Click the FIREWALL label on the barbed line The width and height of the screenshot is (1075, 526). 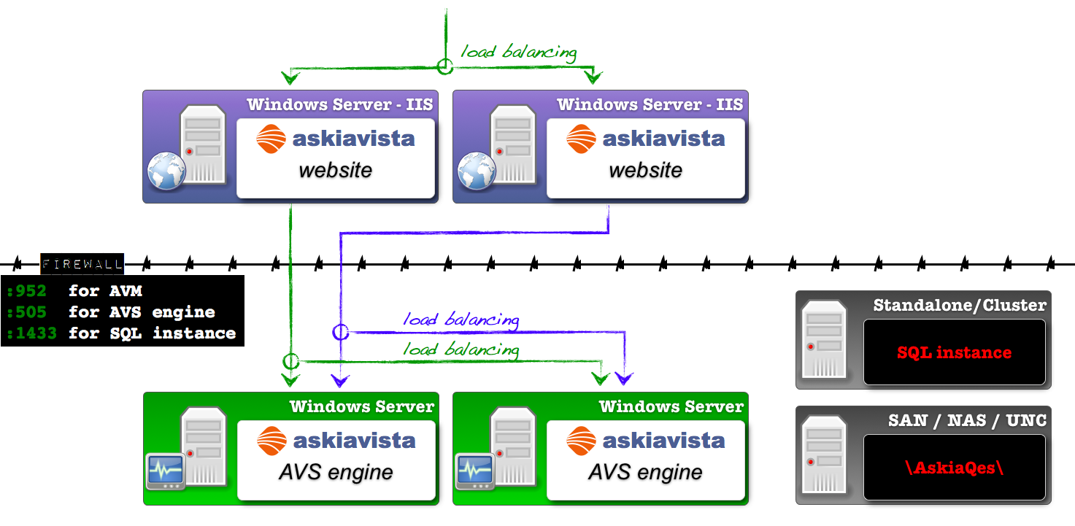coord(82,263)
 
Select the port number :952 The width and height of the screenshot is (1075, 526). coord(26,291)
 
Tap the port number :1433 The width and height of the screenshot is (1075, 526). coord(31,333)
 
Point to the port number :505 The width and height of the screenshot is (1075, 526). coord(26,312)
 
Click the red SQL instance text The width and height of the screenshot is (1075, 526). coord(954,352)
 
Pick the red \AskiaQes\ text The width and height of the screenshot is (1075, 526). coord(954,468)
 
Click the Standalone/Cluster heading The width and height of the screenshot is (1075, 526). coord(960,305)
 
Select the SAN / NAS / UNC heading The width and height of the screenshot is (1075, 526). coord(967,420)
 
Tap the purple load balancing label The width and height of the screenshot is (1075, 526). coord(461,320)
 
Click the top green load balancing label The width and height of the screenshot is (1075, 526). coord(518,52)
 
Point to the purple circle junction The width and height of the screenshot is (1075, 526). coord(341,332)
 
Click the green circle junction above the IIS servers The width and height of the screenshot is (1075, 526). coord(444,66)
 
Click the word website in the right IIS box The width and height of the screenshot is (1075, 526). coord(645,170)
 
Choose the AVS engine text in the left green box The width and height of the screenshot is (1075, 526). coord(336,472)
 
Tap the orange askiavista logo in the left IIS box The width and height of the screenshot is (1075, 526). coord(271,139)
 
